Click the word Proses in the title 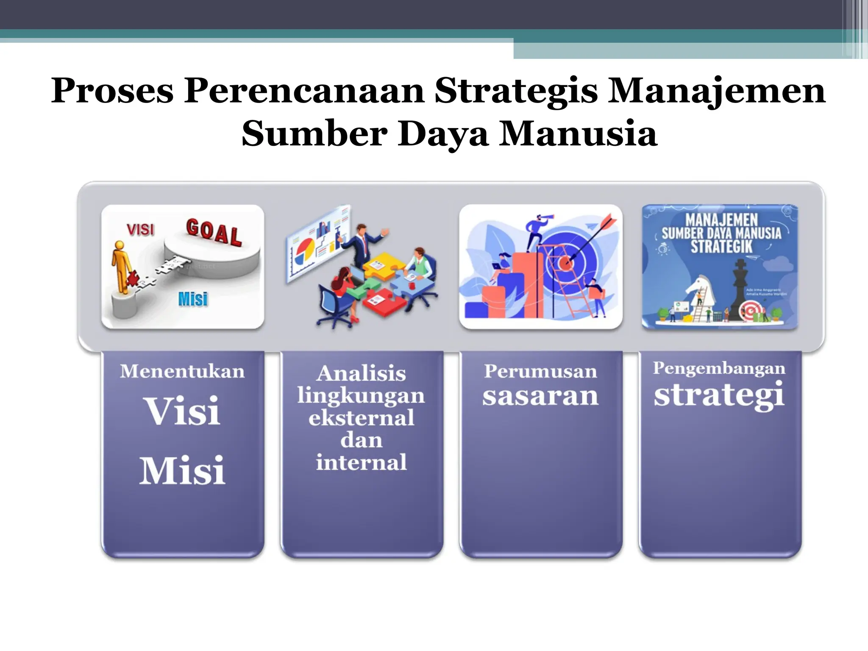tap(112, 91)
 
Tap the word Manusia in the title tap(578, 134)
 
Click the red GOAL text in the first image tap(214, 232)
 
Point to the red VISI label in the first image tap(140, 230)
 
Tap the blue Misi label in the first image tap(193, 299)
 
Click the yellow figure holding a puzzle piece tap(122, 267)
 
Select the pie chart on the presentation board tap(303, 250)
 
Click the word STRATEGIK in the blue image tap(721, 247)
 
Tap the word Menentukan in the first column tap(182, 371)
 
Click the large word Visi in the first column tap(183, 411)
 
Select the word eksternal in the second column tap(361, 418)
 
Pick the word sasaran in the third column tap(540, 396)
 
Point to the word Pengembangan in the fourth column tap(719, 368)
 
